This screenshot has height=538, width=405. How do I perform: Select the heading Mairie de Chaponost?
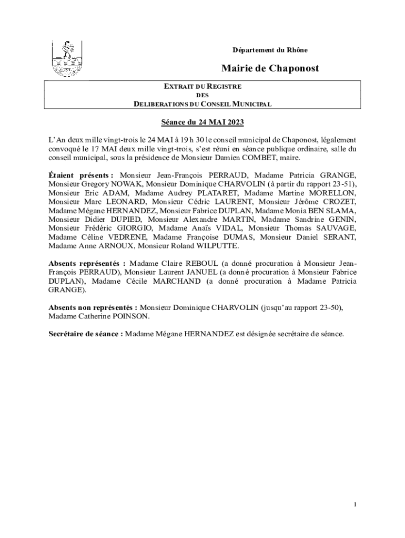click(x=270, y=68)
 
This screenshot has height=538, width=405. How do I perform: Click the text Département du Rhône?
click(x=270, y=50)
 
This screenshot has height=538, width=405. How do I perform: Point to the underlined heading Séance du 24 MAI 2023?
click(x=202, y=123)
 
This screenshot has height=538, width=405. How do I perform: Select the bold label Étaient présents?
click(x=80, y=174)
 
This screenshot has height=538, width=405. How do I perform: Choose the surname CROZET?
click(x=337, y=201)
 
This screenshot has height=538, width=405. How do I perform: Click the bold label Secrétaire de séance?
click(x=86, y=333)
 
